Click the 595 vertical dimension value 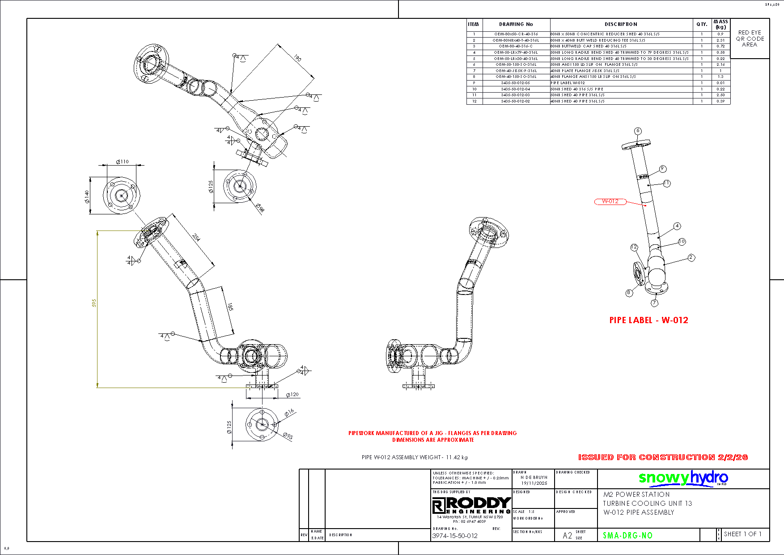tap(94, 303)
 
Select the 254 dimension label tap(196, 237)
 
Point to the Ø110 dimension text tap(122, 162)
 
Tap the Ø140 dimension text tap(86, 196)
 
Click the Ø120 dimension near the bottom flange tap(292, 394)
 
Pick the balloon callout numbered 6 tap(638, 131)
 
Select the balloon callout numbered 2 tap(691, 257)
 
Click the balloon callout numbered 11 tap(667, 183)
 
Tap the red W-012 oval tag tap(610, 201)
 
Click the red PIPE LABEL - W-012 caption tap(648, 320)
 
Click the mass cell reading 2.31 tap(720, 40)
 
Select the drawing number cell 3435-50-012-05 tap(515, 83)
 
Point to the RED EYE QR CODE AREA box tap(750, 38)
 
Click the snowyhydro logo tap(683, 478)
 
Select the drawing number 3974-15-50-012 tap(454, 536)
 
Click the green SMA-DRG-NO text tap(627, 535)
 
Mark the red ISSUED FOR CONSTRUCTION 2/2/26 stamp tap(663, 457)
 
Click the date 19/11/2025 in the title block tap(534, 483)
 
